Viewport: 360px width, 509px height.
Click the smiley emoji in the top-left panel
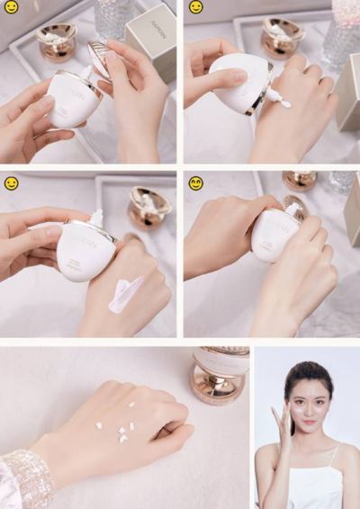pos(11,7)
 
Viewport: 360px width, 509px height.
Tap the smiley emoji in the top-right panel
pos(195,7)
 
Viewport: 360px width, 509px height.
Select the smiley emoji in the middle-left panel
pos(11,183)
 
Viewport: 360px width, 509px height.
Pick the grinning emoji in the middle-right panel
pos(195,183)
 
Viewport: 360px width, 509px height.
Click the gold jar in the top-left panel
pos(57,41)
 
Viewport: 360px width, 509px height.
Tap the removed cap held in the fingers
pos(102,58)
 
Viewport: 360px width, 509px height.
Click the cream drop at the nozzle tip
pos(284,103)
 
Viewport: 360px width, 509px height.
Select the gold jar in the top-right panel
pos(282,38)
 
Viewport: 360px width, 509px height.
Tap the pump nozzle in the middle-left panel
pos(95,219)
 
